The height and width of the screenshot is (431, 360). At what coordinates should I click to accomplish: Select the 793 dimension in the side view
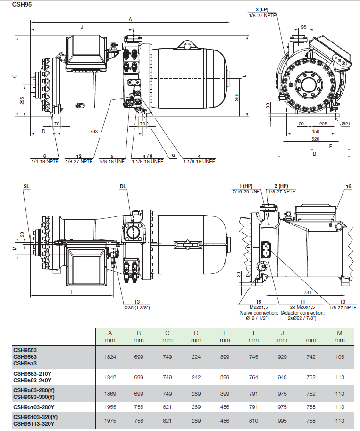click(x=94, y=131)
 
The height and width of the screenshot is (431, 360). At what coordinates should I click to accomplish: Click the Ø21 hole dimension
click(x=345, y=124)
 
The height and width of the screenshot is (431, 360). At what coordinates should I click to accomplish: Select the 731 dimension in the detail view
click(x=307, y=293)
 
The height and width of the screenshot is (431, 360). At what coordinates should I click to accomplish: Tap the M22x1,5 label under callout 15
click(x=258, y=307)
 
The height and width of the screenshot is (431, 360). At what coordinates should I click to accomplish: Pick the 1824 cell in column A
click(x=109, y=357)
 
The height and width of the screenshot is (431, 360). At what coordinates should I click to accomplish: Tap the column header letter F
click(x=225, y=333)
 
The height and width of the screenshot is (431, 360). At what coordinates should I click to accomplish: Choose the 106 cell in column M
click(x=340, y=357)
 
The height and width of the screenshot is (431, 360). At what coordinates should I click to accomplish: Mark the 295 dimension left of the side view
click(x=22, y=100)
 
